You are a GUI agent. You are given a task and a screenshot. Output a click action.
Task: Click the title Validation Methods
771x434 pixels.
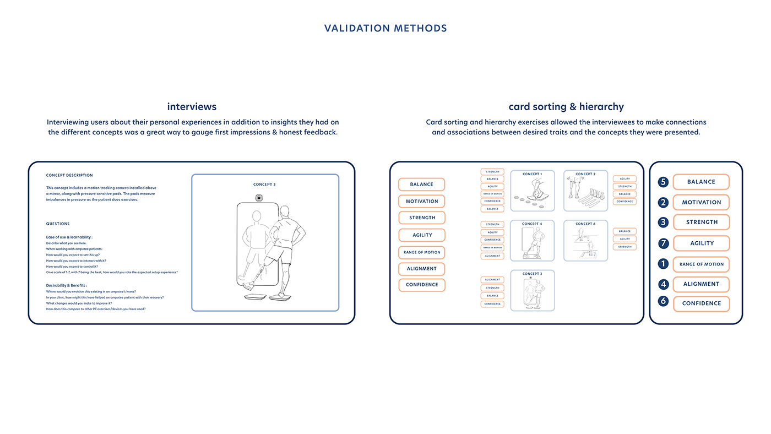(385, 28)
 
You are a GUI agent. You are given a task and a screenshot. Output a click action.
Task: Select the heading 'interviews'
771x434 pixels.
(192, 106)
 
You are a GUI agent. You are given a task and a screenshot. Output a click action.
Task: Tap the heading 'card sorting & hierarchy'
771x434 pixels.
(566, 106)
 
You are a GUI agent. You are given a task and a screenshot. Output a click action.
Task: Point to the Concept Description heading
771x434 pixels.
(69, 175)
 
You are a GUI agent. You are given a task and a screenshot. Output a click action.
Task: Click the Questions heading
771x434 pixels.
(58, 224)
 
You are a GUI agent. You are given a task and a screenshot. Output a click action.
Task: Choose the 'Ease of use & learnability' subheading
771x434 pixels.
(69, 237)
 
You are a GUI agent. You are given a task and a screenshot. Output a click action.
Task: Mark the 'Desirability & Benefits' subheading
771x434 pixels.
(66, 285)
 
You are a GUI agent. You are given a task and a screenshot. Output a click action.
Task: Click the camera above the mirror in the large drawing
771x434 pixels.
(258, 198)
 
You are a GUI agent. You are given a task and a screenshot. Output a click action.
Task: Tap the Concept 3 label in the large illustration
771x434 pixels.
(264, 185)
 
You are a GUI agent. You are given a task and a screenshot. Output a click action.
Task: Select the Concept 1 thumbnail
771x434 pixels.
(532, 191)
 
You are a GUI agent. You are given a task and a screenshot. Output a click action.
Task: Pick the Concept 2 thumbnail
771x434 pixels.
(585, 191)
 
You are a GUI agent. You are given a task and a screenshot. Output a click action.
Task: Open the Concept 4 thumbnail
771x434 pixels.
(532, 241)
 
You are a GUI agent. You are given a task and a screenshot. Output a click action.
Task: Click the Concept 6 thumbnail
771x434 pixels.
(585, 241)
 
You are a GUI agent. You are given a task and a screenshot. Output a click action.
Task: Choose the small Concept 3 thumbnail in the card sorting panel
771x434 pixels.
(532, 290)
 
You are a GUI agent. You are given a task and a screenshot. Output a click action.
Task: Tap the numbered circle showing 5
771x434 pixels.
(663, 182)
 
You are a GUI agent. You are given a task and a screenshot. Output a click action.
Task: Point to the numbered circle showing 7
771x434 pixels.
(663, 243)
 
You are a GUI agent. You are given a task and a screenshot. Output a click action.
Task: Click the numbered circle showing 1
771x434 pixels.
(663, 264)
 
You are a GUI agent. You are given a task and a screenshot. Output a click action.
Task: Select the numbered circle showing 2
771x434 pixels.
(663, 202)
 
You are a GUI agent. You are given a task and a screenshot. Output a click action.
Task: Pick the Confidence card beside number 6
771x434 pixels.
(701, 303)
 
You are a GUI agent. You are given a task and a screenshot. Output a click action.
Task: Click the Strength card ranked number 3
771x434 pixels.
(701, 222)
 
